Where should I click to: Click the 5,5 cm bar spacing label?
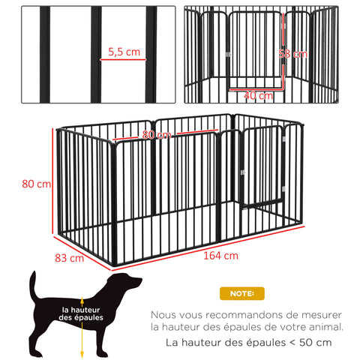[x=123, y=52]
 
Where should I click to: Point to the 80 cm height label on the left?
[x=37, y=184]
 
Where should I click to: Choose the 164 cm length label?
[x=220, y=255]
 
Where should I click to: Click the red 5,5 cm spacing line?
[x=123, y=62]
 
